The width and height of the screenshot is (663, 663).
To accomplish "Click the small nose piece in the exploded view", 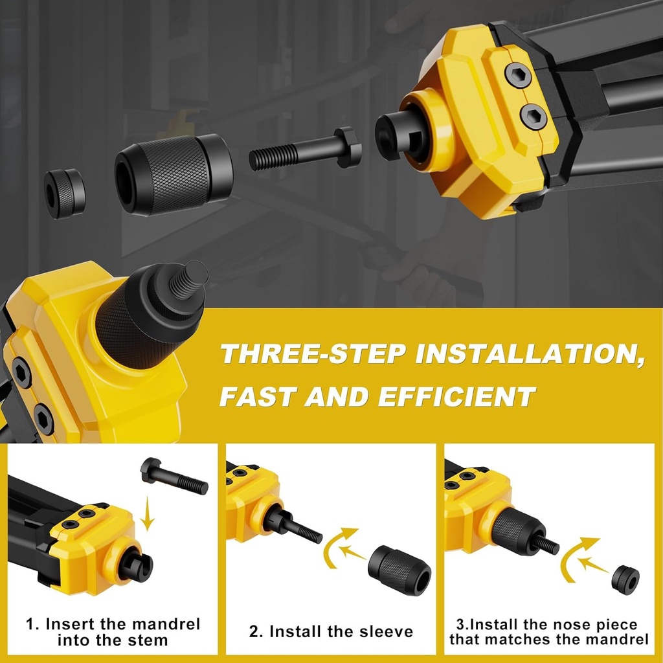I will (x=64, y=193).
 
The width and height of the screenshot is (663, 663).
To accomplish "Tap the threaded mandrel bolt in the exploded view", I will (x=304, y=153).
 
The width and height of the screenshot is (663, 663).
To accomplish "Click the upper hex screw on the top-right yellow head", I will (x=517, y=76).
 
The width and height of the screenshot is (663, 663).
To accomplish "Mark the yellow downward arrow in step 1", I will (x=150, y=515).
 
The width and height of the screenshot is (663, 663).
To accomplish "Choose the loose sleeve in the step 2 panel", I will (x=399, y=570).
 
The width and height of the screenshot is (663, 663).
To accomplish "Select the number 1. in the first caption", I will (x=32, y=625).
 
